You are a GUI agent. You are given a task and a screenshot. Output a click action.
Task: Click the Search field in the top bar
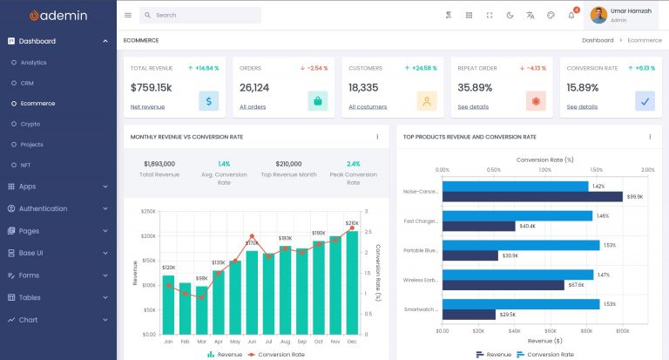click(205, 15)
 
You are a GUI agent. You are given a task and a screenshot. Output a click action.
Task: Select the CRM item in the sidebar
click(27, 83)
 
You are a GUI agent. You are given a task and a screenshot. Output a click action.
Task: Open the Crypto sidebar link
click(30, 124)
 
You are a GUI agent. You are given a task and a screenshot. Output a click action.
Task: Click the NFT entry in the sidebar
click(26, 165)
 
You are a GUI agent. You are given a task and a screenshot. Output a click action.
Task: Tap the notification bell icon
click(571, 15)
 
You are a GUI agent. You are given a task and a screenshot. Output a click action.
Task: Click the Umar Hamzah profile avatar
click(598, 15)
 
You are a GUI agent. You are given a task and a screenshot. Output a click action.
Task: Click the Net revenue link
click(147, 107)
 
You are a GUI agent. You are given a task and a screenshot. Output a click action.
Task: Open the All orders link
click(253, 107)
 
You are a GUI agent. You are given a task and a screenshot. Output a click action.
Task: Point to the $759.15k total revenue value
click(151, 87)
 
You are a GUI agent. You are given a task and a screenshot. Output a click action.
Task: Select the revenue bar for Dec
click(352, 282)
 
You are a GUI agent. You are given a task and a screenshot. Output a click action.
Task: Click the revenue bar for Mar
click(201, 309)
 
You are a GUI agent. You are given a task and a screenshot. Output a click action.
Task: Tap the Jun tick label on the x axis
click(252, 342)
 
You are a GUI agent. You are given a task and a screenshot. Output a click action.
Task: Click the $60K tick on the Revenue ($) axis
click(551, 331)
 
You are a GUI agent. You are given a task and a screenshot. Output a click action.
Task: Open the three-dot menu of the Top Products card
click(650, 137)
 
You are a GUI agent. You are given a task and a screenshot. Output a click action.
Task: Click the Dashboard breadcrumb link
click(598, 40)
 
